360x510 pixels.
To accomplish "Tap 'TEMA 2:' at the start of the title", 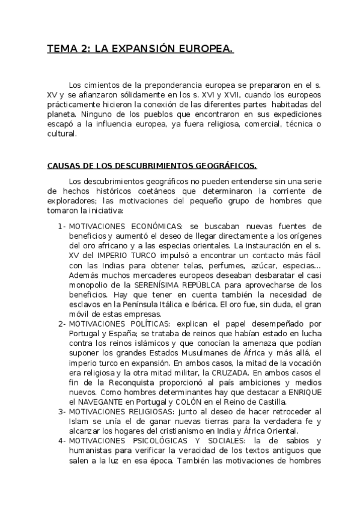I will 67,49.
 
